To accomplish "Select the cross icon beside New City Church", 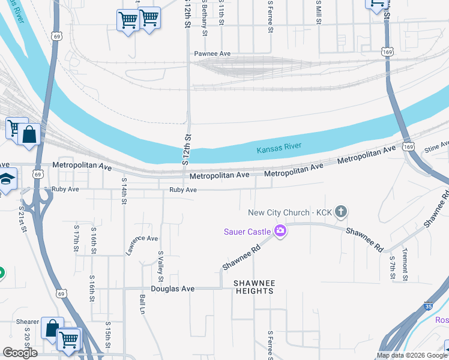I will click(x=341, y=211).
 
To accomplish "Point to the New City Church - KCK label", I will click(x=289, y=212).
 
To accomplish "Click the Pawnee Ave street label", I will click(x=212, y=54).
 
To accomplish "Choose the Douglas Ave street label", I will click(x=173, y=289).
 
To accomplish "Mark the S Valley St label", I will click(x=161, y=266).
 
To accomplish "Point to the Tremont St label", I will click(x=405, y=265).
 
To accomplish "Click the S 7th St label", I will click(x=391, y=268).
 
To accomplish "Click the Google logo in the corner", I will click(x=20, y=353).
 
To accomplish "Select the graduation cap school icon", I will click(x=7, y=179).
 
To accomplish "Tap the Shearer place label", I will click(x=28, y=322).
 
